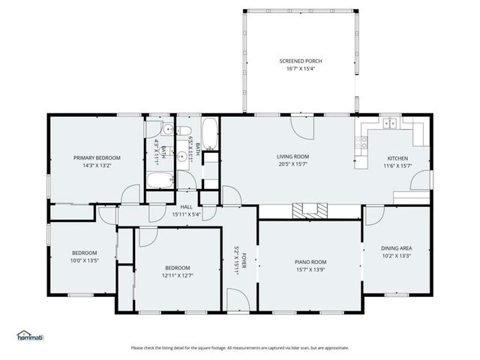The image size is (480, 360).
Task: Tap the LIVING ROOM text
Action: (293, 157)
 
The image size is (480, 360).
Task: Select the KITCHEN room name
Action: (397, 158)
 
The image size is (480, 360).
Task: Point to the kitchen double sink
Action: (389, 123)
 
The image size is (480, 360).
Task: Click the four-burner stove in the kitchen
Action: (363, 139)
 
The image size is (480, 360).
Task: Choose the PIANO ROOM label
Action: (310, 262)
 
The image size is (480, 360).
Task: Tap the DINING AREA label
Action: (396, 247)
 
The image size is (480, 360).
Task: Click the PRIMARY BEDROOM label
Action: (97, 157)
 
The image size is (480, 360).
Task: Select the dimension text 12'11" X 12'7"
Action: (178, 275)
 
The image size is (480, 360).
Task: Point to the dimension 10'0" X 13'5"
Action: (84, 260)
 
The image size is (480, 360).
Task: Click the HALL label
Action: (187, 208)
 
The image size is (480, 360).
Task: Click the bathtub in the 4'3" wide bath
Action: (159, 180)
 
